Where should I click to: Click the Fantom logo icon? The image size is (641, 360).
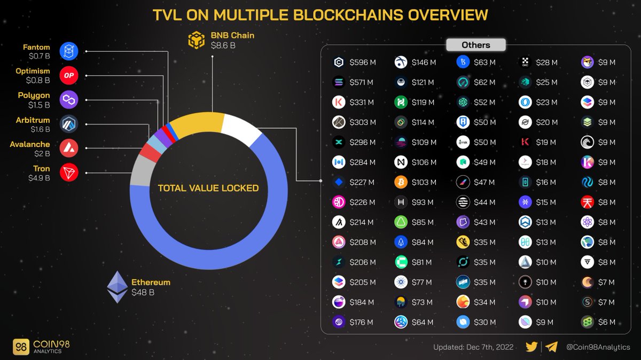[69, 52]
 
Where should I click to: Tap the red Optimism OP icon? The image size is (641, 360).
[69, 76]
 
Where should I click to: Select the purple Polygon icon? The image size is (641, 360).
[69, 100]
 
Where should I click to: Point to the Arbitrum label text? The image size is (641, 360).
[33, 120]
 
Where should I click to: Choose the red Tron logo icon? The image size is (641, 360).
[69, 173]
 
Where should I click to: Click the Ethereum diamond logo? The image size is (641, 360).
[118, 287]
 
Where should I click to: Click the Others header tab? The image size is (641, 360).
[475, 45]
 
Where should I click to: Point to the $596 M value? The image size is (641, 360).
[363, 62]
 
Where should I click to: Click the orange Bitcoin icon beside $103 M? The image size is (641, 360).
[401, 182]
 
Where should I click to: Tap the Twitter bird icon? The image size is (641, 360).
[531, 347]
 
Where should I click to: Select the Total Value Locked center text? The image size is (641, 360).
[208, 188]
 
